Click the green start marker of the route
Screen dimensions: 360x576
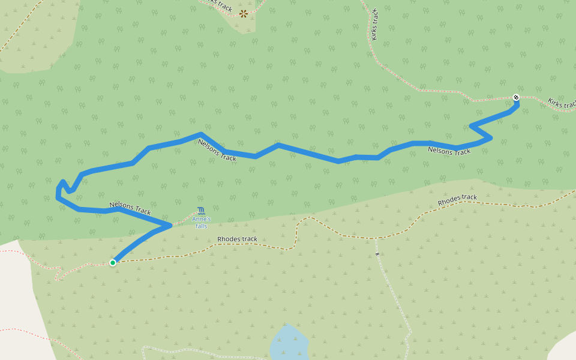coord(113,262)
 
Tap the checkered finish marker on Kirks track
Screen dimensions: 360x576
coord(516,97)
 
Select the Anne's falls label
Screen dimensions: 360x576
coord(201,223)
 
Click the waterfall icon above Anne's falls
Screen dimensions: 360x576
coord(201,211)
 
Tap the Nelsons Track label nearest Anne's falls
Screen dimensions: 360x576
coord(130,208)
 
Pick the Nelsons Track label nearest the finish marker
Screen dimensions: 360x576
coord(449,151)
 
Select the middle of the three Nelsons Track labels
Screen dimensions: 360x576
coord(217,150)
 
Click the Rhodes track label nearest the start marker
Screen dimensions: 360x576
coord(237,239)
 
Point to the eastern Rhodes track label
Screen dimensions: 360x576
coord(457,200)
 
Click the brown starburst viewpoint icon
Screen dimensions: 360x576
coord(244,13)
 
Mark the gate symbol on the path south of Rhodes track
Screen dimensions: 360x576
coord(377,254)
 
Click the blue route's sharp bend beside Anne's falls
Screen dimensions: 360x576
coord(171,226)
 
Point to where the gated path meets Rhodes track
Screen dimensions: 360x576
coord(376,238)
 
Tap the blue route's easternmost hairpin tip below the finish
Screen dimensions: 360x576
coord(491,138)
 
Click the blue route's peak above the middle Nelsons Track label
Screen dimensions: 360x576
coord(200,134)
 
